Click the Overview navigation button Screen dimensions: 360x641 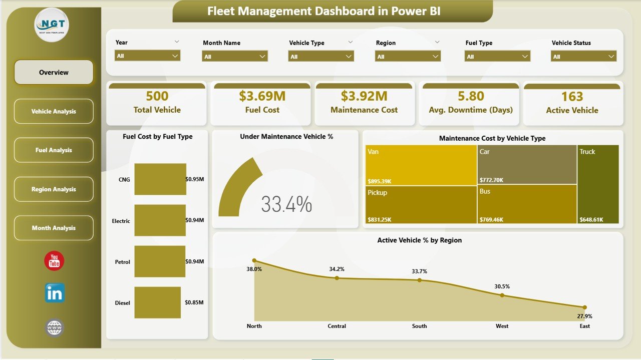point(54,72)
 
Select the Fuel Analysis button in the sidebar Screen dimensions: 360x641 point(54,150)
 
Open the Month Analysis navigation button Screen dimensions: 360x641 point(54,228)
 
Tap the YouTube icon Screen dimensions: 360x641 point(54,261)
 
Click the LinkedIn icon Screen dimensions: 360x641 point(55,293)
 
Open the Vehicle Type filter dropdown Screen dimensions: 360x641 point(321,57)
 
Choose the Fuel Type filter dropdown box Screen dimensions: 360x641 point(497,57)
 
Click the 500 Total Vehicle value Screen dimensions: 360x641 point(157,96)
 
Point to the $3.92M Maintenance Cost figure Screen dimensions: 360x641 point(364,96)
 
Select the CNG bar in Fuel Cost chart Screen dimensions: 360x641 point(160,179)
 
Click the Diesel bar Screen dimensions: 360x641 point(157,302)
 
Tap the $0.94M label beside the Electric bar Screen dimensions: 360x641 point(194,220)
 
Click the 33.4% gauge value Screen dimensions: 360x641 point(286,204)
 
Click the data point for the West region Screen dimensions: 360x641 point(502,295)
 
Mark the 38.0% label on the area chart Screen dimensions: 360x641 point(254,268)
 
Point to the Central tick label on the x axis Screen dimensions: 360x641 point(337,326)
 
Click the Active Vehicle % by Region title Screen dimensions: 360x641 point(419,240)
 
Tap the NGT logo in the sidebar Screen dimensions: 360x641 point(52,25)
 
